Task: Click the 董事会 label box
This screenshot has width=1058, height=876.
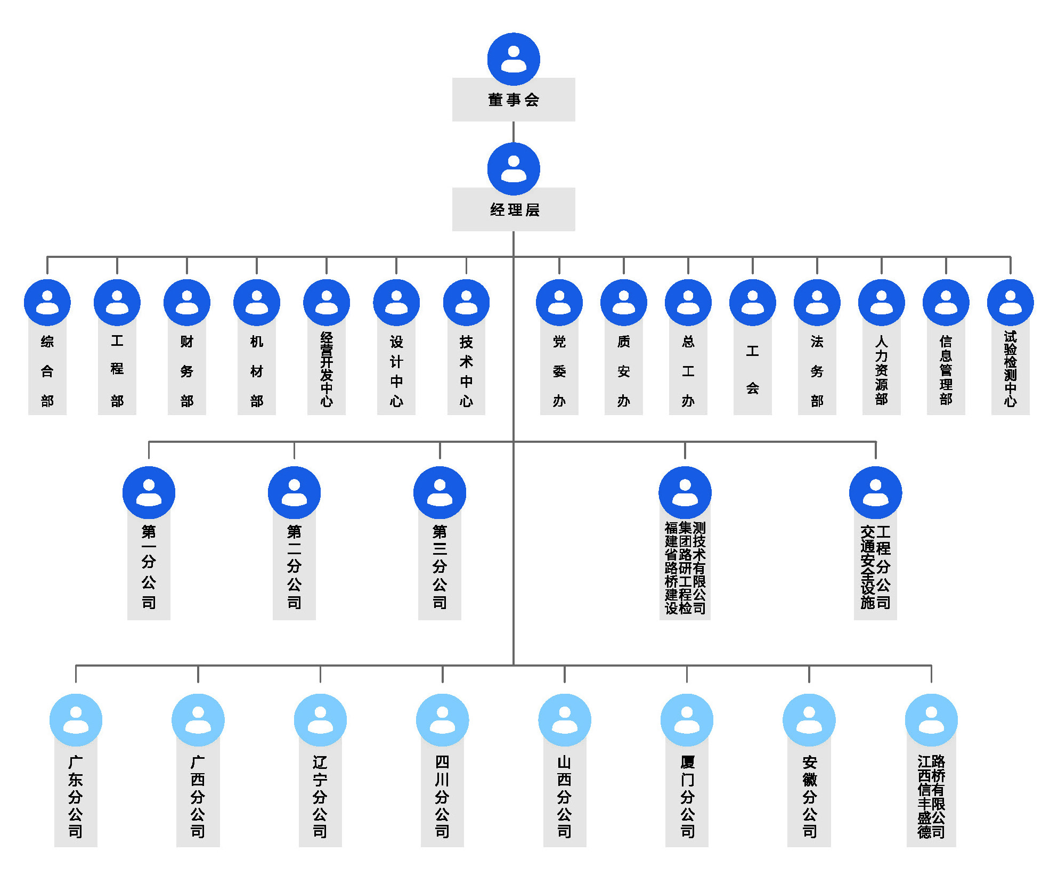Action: pyautogui.click(x=514, y=100)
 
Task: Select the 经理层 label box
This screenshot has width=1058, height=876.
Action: pyautogui.click(x=514, y=210)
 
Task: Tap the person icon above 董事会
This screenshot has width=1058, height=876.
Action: pyautogui.click(x=514, y=59)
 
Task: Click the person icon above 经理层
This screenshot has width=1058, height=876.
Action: pyautogui.click(x=514, y=168)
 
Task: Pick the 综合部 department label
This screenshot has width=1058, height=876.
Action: pyautogui.click(x=47, y=371)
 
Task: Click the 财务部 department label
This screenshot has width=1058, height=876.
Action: pyautogui.click(x=187, y=371)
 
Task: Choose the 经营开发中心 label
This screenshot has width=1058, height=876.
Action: pyautogui.click(x=327, y=370)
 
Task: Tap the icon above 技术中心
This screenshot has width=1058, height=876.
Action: pyautogui.click(x=466, y=302)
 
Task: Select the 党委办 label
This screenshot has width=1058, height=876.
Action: pyautogui.click(x=559, y=371)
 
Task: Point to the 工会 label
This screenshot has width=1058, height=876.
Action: pyautogui.click(x=752, y=370)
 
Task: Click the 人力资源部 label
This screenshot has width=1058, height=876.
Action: pyautogui.click(x=881, y=370)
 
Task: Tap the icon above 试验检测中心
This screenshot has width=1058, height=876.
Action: pyautogui.click(x=1010, y=302)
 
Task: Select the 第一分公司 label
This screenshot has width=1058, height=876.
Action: pyautogui.click(x=149, y=567)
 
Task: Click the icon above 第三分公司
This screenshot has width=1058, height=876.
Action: pyautogui.click(x=440, y=492)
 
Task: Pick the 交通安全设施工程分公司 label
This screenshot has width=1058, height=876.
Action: pyautogui.click(x=875, y=567)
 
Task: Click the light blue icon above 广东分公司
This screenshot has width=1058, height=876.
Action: pyautogui.click(x=76, y=720)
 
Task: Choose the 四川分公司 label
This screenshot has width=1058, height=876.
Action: pyautogui.click(x=442, y=796)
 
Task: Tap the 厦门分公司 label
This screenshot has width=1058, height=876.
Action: pyautogui.click(x=687, y=796)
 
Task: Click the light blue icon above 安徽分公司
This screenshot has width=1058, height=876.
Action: pyautogui.click(x=809, y=720)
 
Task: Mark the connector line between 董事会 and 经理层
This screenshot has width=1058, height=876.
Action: pyautogui.click(x=514, y=132)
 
